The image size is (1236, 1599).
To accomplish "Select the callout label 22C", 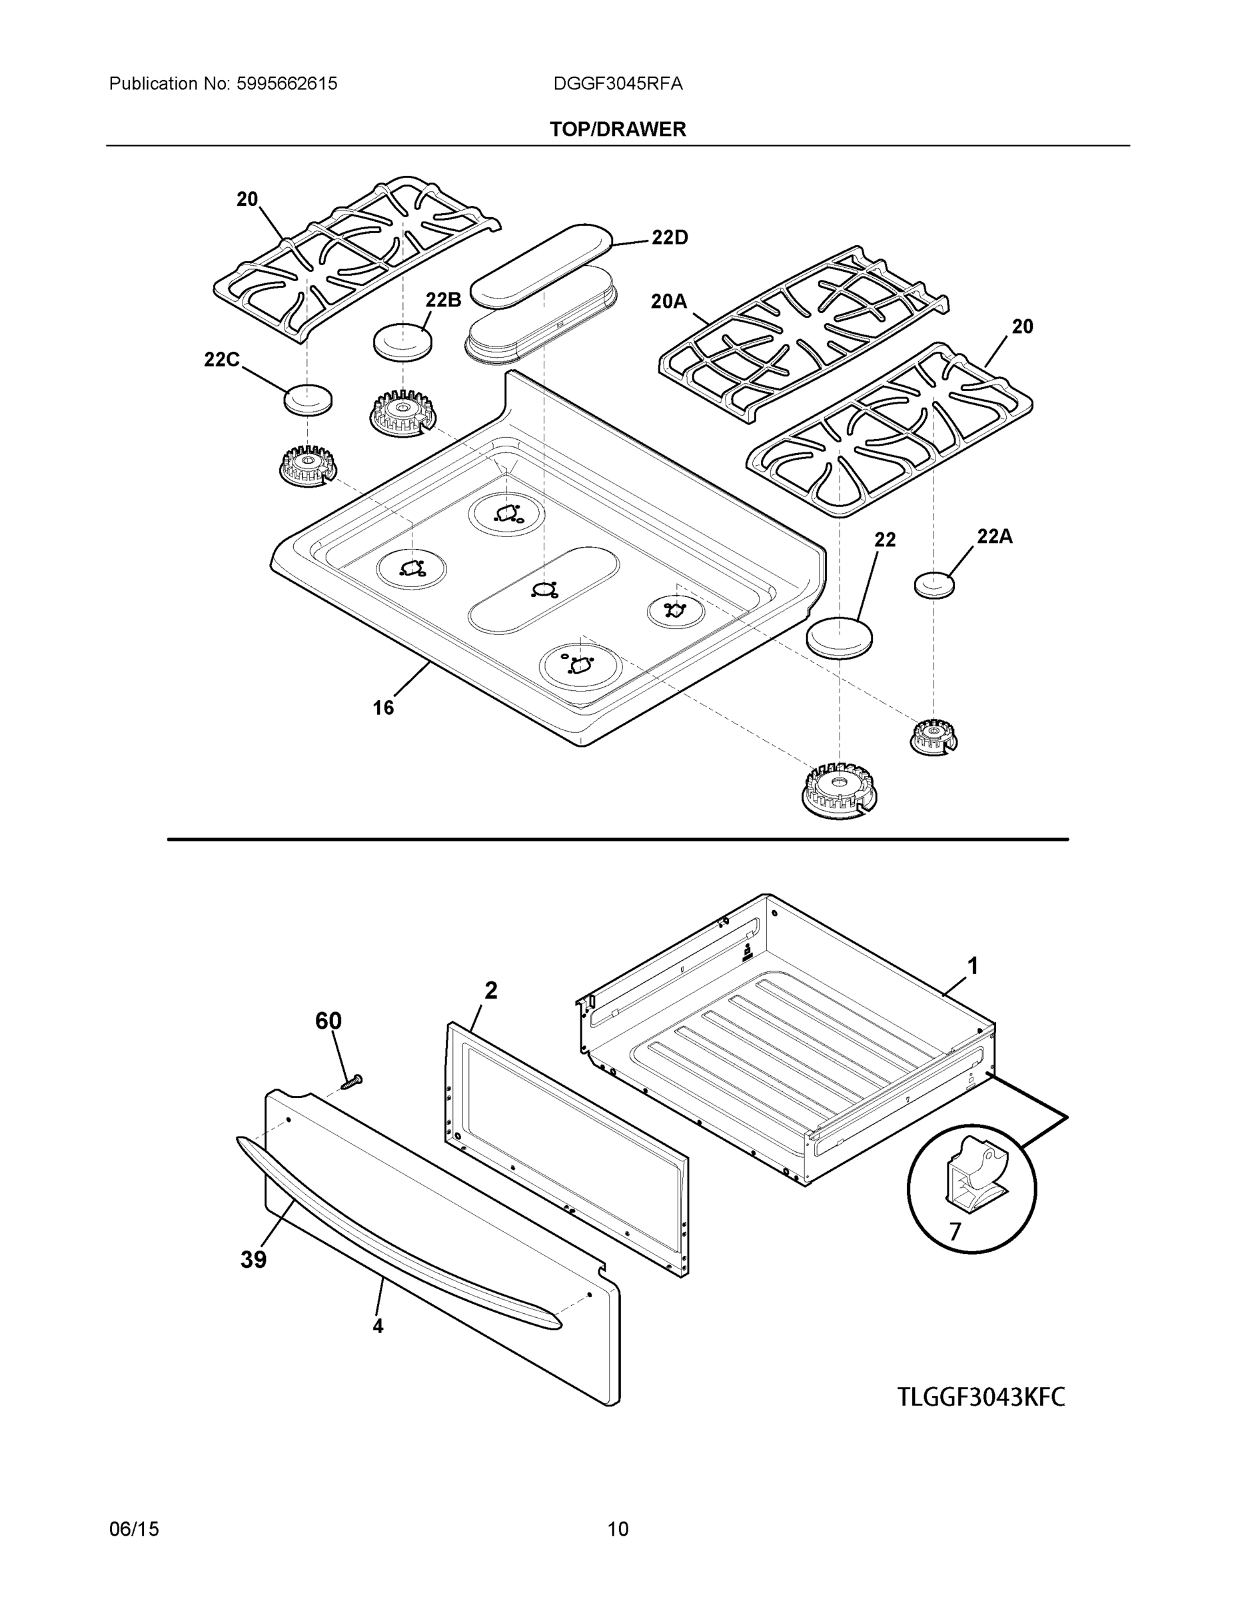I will click(222, 360).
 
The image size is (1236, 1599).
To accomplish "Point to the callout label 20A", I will click(668, 301).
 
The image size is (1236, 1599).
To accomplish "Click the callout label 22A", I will click(994, 536).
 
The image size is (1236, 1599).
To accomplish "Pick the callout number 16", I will click(383, 708).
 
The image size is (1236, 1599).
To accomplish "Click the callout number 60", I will click(328, 1021).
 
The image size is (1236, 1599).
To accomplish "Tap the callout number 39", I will click(253, 1260).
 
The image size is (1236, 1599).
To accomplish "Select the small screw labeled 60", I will click(352, 1081).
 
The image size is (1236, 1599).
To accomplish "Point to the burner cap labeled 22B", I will click(402, 341).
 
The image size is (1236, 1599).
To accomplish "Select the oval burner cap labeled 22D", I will click(541, 265).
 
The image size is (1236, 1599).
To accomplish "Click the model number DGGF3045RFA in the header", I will click(618, 84).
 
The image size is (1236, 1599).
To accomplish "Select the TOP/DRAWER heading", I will click(618, 130).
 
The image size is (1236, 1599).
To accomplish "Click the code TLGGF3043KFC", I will click(981, 1397).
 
